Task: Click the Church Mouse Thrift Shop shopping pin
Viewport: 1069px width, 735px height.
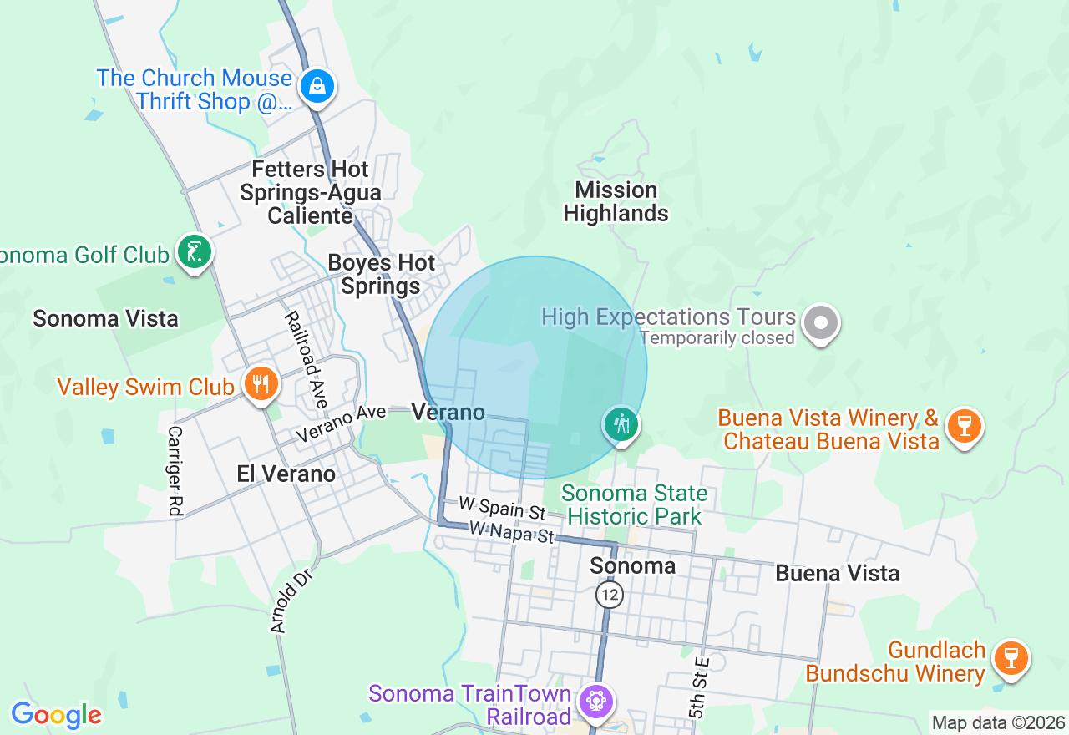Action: (x=317, y=86)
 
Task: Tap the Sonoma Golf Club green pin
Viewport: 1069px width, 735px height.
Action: (x=195, y=251)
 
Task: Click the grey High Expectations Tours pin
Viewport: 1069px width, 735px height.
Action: (x=821, y=322)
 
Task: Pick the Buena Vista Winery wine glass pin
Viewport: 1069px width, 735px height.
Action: (x=965, y=425)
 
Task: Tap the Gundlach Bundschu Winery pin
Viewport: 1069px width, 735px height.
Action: (x=1011, y=658)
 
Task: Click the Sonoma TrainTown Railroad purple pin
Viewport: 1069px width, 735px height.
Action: (x=595, y=700)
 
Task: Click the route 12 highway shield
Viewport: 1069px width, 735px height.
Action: (x=610, y=595)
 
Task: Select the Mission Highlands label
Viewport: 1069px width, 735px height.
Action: (x=616, y=202)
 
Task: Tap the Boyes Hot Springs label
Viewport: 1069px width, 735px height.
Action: (x=382, y=275)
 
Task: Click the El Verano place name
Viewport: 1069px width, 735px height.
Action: (x=286, y=474)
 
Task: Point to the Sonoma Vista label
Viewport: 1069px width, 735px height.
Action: (x=105, y=318)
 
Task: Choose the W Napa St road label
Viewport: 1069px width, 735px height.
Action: (x=512, y=532)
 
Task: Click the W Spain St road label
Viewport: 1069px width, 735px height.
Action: (x=502, y=509)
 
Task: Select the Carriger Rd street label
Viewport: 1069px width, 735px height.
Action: (x=175, y=472)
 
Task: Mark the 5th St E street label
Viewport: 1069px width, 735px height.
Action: (x=699, y=687)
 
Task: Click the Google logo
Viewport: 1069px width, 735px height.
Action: (x=56, y=716)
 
